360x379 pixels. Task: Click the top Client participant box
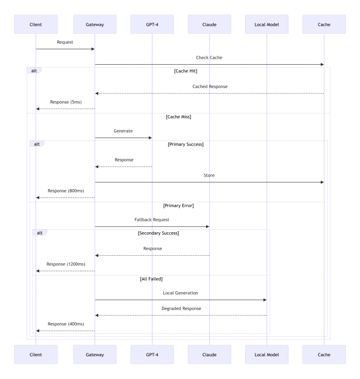36,24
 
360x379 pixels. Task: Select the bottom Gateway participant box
95,355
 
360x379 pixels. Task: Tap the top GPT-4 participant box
152,24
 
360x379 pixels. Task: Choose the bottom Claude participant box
210,355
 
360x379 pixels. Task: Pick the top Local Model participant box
267,24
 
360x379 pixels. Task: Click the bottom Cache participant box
324,355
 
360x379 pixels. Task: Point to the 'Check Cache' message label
209,58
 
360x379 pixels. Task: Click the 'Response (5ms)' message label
66,102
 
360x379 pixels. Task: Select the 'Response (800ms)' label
66,191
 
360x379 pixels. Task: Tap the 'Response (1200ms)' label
66,264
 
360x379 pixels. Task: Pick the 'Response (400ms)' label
66,324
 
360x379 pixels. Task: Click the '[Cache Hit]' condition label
185,71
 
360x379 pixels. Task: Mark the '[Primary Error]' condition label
178,206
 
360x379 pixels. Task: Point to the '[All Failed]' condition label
151,279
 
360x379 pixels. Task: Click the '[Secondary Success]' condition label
158,233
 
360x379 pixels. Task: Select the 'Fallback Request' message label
152,220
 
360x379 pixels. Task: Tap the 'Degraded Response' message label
181,309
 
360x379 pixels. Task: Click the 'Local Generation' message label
180,293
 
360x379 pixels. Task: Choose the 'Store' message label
209,175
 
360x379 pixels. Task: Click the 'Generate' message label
123,131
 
